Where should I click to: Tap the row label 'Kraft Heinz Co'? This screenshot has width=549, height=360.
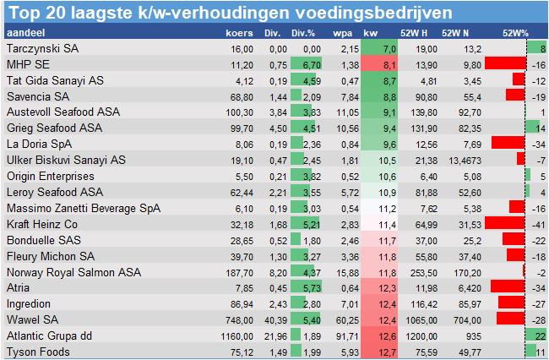point(41,224)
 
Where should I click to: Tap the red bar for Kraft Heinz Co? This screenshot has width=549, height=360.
point(505,224)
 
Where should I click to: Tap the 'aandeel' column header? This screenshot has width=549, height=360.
point(24,32)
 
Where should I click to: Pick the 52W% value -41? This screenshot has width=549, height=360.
point(537,224)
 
